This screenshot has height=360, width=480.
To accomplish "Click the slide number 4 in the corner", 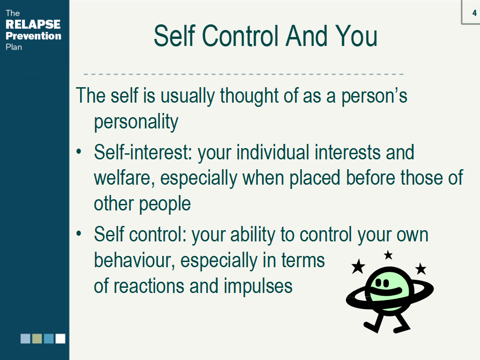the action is point(474,13).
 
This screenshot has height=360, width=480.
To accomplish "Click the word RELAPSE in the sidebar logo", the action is point(33,24).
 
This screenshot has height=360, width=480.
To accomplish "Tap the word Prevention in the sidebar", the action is point(33,36).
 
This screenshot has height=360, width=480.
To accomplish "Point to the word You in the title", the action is point(356,36).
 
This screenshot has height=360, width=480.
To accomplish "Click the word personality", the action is point(136,122).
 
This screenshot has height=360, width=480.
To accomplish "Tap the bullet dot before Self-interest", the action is point(79,151).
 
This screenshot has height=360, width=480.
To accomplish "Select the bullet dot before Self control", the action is point(79,233).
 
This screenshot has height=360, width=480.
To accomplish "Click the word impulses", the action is point(258,286).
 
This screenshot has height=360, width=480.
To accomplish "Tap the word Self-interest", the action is point(142,152).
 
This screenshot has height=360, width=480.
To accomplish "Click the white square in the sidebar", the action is point(60,338).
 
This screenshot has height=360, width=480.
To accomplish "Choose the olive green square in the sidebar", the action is point(37,338).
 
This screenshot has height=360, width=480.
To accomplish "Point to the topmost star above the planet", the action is point(388,255).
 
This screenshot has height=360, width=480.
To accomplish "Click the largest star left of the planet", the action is point(358,266).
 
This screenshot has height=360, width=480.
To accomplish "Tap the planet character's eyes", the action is point(382,283).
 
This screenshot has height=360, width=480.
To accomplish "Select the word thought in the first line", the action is point(249,96).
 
